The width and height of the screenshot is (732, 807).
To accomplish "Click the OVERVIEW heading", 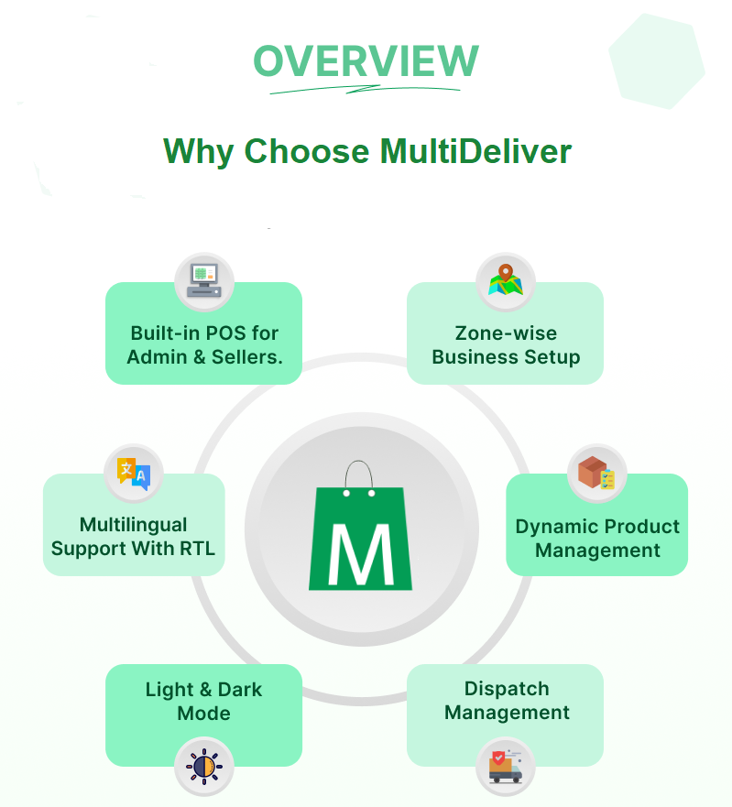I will pyautogui.click(x=366, y=61).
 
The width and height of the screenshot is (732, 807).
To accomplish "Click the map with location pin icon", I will pyautogui.click(x=506, y=279).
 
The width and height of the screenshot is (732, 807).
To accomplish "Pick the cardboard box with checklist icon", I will pyautogui.click(x=596, y=474).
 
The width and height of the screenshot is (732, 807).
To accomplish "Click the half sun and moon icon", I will pyautogui.click(x=203, y=766).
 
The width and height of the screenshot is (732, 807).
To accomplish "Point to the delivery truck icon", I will pyautogui.click(x=506, y=766).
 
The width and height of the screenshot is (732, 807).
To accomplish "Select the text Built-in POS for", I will pyautogui.click(x=204, y=333).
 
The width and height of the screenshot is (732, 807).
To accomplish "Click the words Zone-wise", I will pyautogui.click(x=506, y=333).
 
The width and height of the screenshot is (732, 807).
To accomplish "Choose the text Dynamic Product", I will pyautogui.click(x=597, y=527).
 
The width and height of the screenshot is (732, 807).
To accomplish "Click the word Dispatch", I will pyautogui.click(x=507, y=689).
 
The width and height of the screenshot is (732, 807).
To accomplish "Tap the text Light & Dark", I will pyautogui.click(x=203, y=690).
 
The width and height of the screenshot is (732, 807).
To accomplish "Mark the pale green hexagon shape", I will pyautogui.click(x=657, y=60).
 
